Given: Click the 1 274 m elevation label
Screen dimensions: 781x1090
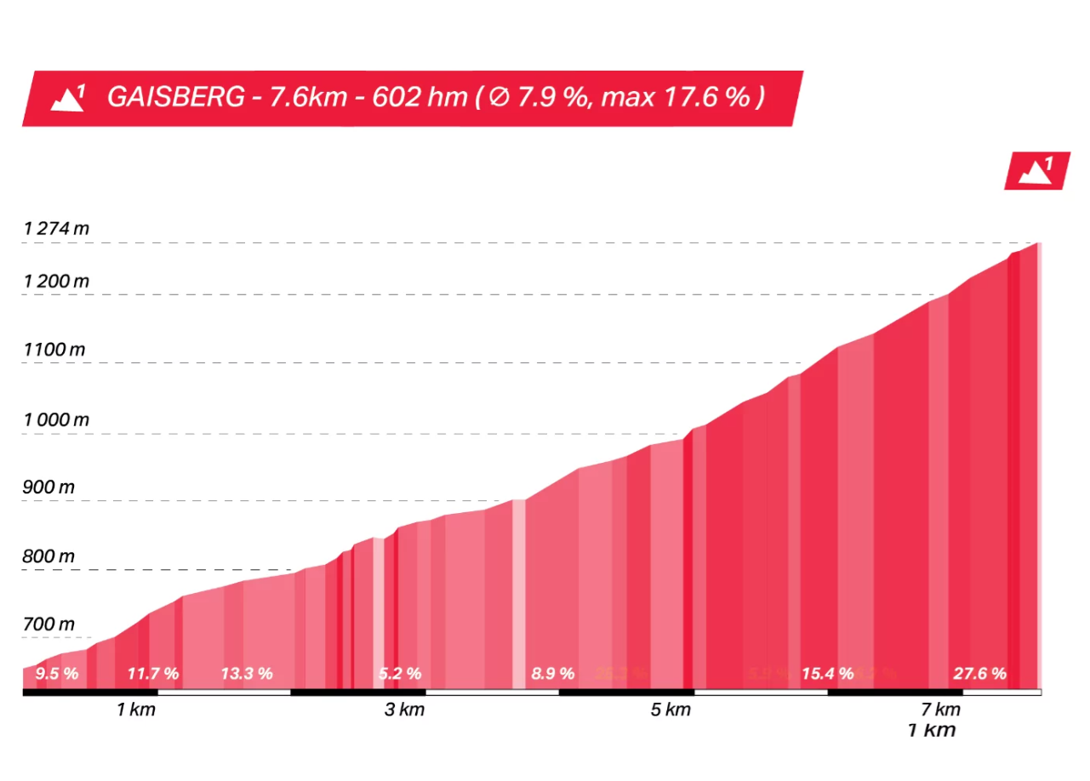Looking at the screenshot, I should (56, 229).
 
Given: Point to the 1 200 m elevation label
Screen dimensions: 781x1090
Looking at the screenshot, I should (56, 281).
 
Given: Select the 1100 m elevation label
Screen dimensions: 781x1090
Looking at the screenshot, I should (54, 350).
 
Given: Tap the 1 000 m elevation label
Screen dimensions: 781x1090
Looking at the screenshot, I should (56, 419).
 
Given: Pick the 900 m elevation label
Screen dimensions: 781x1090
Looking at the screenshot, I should (49, 487).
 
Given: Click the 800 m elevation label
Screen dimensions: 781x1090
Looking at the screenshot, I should (49, 556).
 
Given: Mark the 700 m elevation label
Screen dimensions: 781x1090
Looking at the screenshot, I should (49, 624).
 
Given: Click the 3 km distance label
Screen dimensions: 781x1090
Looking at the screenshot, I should (404, 710).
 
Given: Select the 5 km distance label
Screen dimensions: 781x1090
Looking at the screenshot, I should (671, 710).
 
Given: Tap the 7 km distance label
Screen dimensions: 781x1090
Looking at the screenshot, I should (940, 710).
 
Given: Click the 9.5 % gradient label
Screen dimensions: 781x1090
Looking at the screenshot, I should (57, 674).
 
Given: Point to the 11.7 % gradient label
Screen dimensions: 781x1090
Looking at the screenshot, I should (153, 674).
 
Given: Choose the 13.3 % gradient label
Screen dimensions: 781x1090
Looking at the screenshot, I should (247, 674).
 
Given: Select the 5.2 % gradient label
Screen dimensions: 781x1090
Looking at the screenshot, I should (400, 674).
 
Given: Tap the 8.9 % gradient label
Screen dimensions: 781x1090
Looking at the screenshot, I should (553, 674).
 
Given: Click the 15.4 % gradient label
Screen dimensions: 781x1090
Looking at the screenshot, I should (827, 674).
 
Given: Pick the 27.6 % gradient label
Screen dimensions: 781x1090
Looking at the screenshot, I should (979, 674).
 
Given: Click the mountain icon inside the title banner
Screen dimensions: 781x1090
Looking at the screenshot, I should (68, 98).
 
